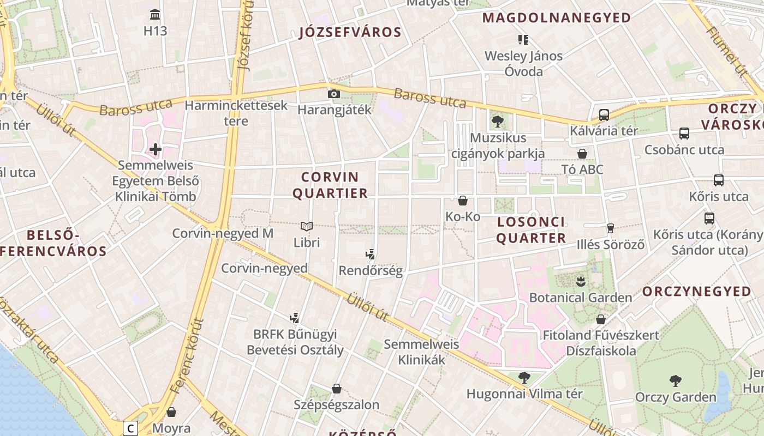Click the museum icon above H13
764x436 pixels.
point(155,14)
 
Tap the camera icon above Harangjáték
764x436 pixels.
point(333,94)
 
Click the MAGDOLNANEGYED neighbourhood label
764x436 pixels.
point(557,18)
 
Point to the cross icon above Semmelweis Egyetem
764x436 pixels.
point(156,149)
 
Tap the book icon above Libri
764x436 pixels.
point(307,226)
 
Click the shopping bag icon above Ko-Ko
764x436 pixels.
point(463,201)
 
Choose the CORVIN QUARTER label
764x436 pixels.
point(331,185)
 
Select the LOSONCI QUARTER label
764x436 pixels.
point(532,230)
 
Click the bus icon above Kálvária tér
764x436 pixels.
point(604,115)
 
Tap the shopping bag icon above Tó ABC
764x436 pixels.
point(582,154)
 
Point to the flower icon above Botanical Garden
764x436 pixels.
point(580,281)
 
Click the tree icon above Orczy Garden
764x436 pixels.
point(675,380)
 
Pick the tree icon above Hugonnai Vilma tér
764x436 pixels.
point(524,377)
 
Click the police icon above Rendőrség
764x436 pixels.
point(371,254)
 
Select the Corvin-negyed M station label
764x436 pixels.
point(223,233)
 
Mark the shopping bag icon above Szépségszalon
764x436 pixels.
point(337,389)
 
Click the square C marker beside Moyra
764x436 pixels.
point(130,429)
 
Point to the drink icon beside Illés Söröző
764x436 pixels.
point(611,228)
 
